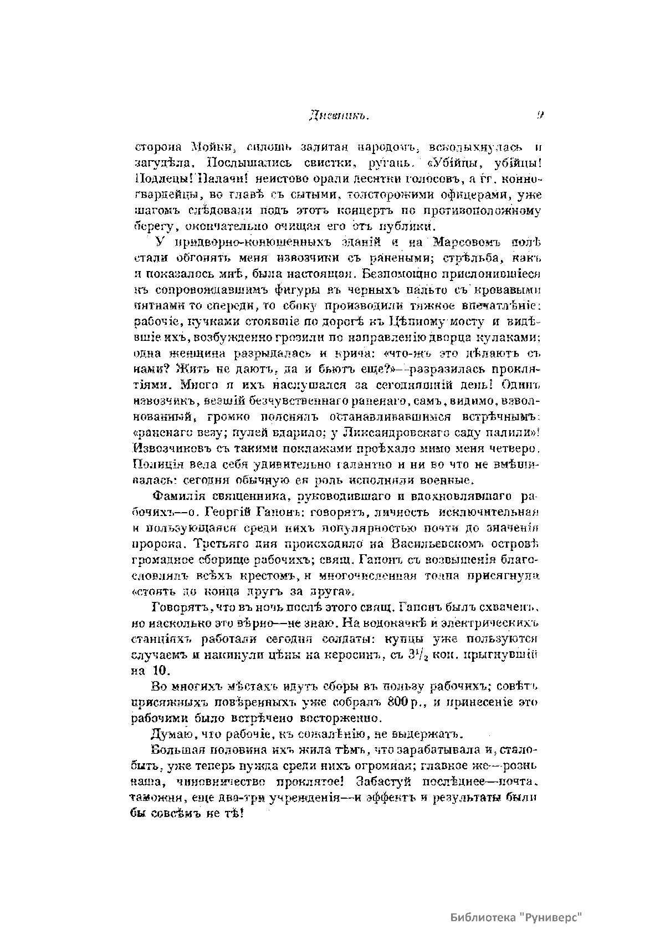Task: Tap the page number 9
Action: coord(539,116)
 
